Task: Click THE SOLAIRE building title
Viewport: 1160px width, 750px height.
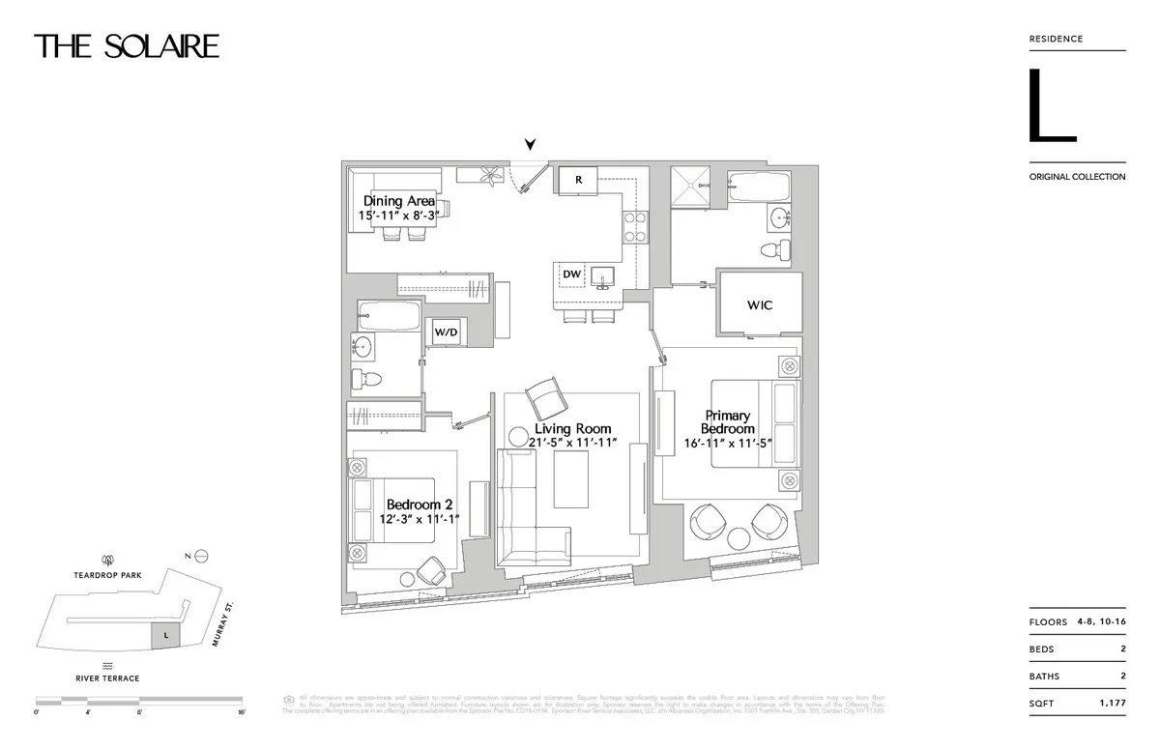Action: click(127, 46)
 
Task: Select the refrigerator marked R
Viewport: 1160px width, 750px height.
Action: click(578, 180)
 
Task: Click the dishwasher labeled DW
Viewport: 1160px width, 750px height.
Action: click(571, 274)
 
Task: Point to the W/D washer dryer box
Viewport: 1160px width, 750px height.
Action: click(446, 332)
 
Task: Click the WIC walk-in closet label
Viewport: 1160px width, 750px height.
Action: click(760, 305)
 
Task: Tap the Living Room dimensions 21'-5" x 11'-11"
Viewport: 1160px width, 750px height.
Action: click(572, 444)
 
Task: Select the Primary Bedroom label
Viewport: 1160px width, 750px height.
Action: click(728, 422)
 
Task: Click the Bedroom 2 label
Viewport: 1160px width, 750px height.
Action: click(420, 505)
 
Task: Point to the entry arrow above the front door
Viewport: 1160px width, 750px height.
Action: click(530, 145)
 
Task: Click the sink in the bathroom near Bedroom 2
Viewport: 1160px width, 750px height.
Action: click(363, 346)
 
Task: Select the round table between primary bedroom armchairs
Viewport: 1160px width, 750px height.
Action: click(740, 538)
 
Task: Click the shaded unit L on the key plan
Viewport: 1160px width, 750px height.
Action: click(165, 635)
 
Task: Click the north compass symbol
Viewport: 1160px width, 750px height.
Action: click(201, 555)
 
